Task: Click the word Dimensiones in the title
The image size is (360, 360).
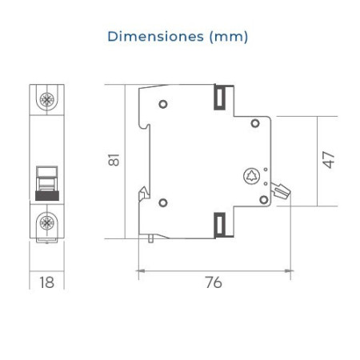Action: click(x=155, y=36)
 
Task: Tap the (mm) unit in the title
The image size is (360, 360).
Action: click(x=229, y=37)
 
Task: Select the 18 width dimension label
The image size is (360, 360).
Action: click(x=46, y=282)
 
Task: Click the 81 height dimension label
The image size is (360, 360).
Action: click(x=114, y=160)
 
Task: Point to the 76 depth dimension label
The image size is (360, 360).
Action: click(x=214, y=282)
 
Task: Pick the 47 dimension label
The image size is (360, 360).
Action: click(x=328, y=160)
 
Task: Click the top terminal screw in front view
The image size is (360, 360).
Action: click(x=46, y=100)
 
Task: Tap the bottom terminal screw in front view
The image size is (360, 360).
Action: click(x=46, y=222)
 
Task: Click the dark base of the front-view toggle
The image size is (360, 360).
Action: click(x=47, y=195)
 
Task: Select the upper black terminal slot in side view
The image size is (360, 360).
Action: click(x=220, y=98)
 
